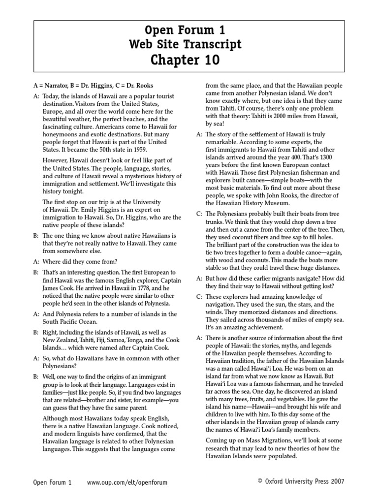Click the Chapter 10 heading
tap(189, 60)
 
